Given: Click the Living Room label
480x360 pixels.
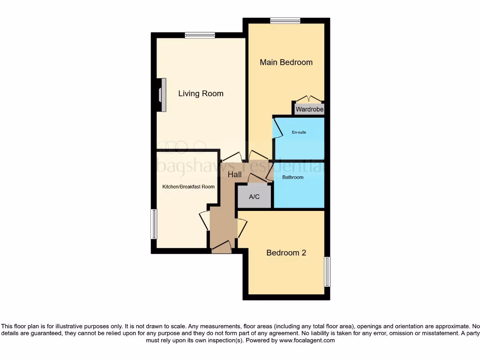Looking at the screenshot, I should point(201,94).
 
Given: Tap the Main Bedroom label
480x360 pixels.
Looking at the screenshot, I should point(286,62).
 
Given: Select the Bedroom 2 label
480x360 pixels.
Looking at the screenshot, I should point(286,253).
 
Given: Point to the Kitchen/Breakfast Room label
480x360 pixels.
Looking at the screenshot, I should point(188,187).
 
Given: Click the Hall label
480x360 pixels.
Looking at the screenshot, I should point(234,174).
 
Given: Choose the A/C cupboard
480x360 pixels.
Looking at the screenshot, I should point(254,197).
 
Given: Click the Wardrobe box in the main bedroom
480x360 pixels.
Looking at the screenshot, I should point(309,109).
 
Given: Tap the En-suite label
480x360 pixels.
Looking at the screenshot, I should point(299,132).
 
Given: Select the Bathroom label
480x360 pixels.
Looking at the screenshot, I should point(292,177).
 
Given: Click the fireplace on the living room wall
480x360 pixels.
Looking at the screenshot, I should point(162,95).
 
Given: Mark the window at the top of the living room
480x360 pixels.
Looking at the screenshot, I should point(200,35).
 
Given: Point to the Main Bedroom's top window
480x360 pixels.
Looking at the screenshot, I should point(285,20).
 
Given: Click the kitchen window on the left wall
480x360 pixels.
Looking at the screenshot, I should point(153,224).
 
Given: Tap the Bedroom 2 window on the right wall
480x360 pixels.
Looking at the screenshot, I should point(327,271).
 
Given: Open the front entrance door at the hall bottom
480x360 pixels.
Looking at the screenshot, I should point(221,247).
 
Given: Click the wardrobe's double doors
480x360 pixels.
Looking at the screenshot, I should point(309,99).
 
